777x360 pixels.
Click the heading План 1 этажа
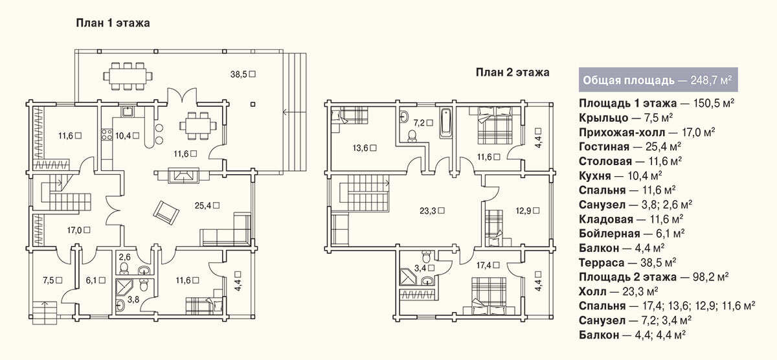pos(113,23)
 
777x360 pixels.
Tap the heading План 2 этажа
pos(512,73)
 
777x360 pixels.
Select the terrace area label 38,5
pos(239,74)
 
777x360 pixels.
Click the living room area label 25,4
pos(203,206)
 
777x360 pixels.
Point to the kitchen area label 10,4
pos(123,135)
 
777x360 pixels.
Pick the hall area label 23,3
pos(428,211)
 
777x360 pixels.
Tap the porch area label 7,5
pos(48,280)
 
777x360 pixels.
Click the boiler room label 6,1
pos(91,280)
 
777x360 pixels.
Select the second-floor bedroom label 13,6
pos(360,148)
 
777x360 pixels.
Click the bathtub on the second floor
pos(445,123)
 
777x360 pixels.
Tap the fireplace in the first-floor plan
pos(184,175)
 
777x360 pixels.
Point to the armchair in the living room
pos(166,212)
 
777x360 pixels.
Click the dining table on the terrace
pos(128,75)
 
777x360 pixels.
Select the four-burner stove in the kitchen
pos(107,134)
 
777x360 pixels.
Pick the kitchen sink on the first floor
pos(128,111)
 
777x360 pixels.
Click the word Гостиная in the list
pos(604,147)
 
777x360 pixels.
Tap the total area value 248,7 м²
pos(711,80)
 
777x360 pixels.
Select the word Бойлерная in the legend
pos(609,233)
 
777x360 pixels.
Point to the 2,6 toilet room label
pos(124,257)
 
